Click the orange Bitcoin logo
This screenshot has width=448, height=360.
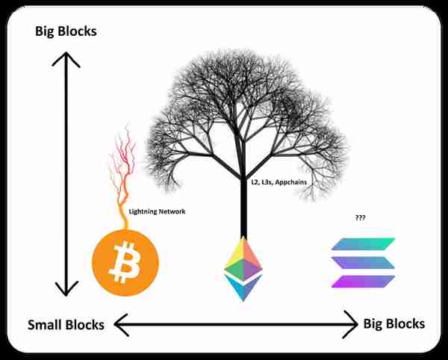125,263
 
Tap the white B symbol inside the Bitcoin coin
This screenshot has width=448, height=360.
125,262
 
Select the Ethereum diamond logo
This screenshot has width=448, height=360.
243,269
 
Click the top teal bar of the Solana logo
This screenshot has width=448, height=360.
363,244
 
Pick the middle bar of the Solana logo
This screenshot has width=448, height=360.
363,263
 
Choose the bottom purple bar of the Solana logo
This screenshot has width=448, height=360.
363,282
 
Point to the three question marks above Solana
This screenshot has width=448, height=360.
361,217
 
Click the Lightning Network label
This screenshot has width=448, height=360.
157,211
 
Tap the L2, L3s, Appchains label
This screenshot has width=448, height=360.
279,182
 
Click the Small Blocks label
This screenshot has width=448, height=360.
66,325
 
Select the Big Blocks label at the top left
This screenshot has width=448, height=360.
66,31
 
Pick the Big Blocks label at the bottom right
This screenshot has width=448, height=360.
394,324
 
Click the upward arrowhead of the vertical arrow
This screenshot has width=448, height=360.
66,59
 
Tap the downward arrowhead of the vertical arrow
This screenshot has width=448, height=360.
66,288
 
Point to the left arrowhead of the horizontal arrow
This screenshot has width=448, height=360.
121,325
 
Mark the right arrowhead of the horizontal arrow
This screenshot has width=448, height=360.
351,325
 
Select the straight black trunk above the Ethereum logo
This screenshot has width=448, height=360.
243,208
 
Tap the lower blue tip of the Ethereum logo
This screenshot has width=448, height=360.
243,286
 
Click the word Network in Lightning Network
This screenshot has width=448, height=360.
172,211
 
